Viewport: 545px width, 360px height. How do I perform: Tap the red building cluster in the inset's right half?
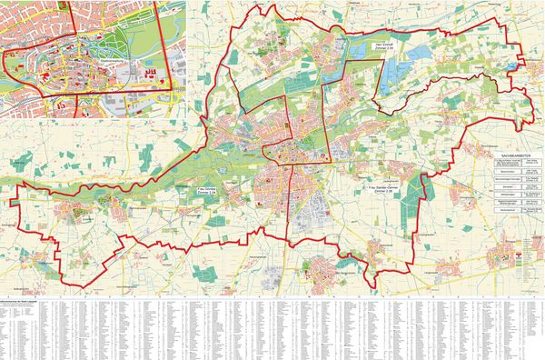151,70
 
